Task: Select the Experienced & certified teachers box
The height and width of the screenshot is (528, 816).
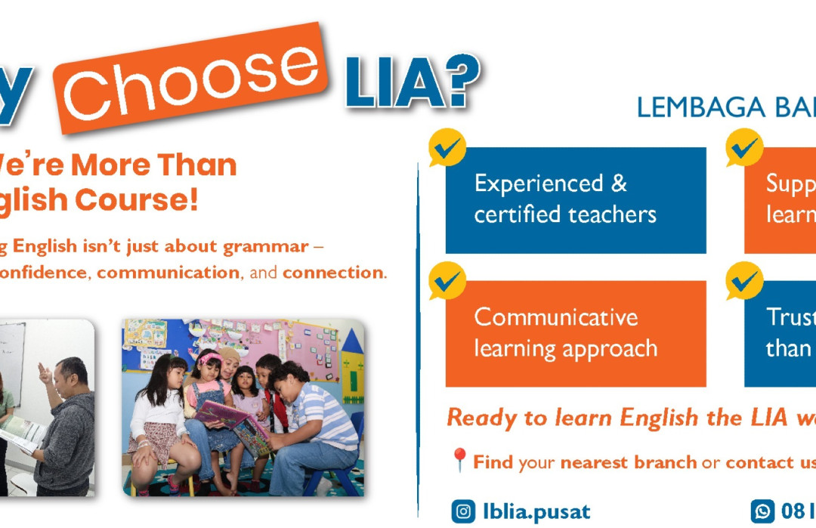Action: click(x=576, y=199)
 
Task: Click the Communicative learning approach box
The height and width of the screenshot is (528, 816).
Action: click(x=576, y=333)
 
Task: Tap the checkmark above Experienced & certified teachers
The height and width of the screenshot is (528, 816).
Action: click(x=447, y=149)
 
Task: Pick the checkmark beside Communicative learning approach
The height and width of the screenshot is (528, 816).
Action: click(x=447, y=282)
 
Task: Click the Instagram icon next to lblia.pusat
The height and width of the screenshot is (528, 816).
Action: click(x=463, y=511)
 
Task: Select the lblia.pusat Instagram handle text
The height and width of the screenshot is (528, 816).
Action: click(x=536, y=511)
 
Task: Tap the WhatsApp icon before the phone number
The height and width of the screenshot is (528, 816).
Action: click(x=762, y=511)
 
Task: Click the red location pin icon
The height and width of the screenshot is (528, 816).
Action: click(x=459, y=460)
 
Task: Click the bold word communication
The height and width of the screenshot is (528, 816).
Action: click(x=168, y=273)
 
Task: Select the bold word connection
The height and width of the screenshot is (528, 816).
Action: click(x=332, y=273)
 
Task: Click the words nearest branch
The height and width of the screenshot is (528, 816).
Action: click(x=629, y=462)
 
